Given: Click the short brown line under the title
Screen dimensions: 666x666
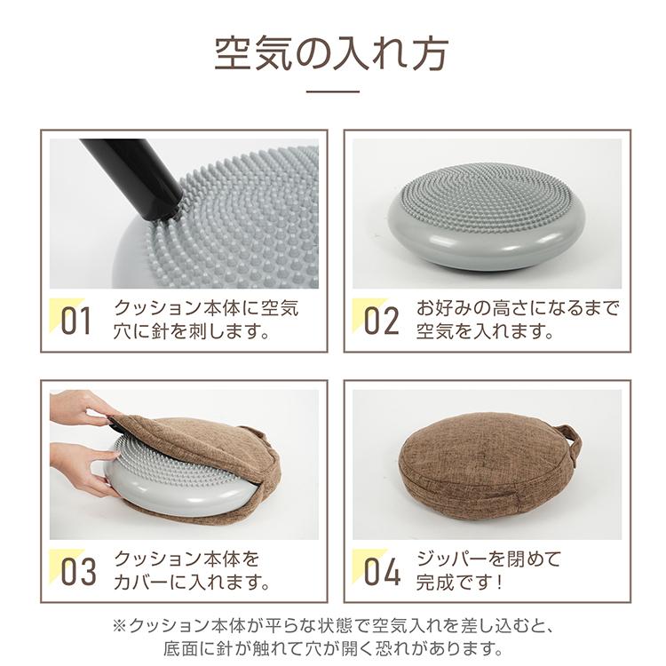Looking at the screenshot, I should coord(332,91).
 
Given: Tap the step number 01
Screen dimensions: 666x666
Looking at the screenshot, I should coord(75,321).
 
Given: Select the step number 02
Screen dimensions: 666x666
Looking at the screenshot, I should coord(381,321).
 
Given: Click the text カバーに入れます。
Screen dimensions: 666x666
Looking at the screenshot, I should coord(192,584).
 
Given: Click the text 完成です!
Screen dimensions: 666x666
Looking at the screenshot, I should coord(460,584).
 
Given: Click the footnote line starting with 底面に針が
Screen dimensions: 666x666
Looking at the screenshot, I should coord(332,648).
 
